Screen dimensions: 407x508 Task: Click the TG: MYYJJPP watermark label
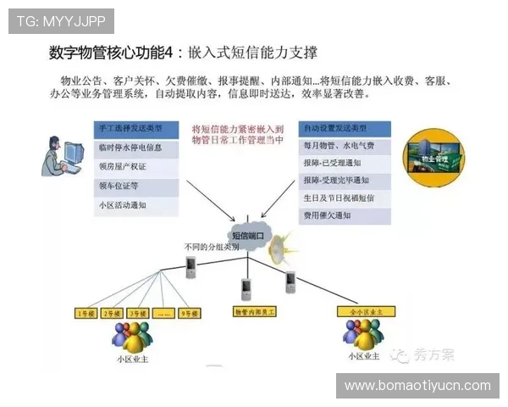pyautogui.click(x=48, y=19)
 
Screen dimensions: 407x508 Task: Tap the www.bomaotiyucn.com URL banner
pyautogui.click(x=418, y=385)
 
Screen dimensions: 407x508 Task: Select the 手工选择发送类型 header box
pyautogui.click(x=135, y=129)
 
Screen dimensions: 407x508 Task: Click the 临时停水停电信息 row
pyautogui.click(x=135, y=148)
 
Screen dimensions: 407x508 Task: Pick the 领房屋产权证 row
pyautogui.click(x=135, y=166)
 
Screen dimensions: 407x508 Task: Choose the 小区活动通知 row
pyautogui.click(x=135, y=204)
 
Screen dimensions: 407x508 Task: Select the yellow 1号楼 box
pyautogui.click(x=87, y=313)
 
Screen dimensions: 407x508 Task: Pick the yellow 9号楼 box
pyautogui.click(x=190, y=313)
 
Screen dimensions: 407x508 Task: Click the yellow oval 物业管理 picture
pyautogui.click(x=437, y=155)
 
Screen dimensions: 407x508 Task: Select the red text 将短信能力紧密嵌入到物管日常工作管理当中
pyautogui.click(x=239, y=135)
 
